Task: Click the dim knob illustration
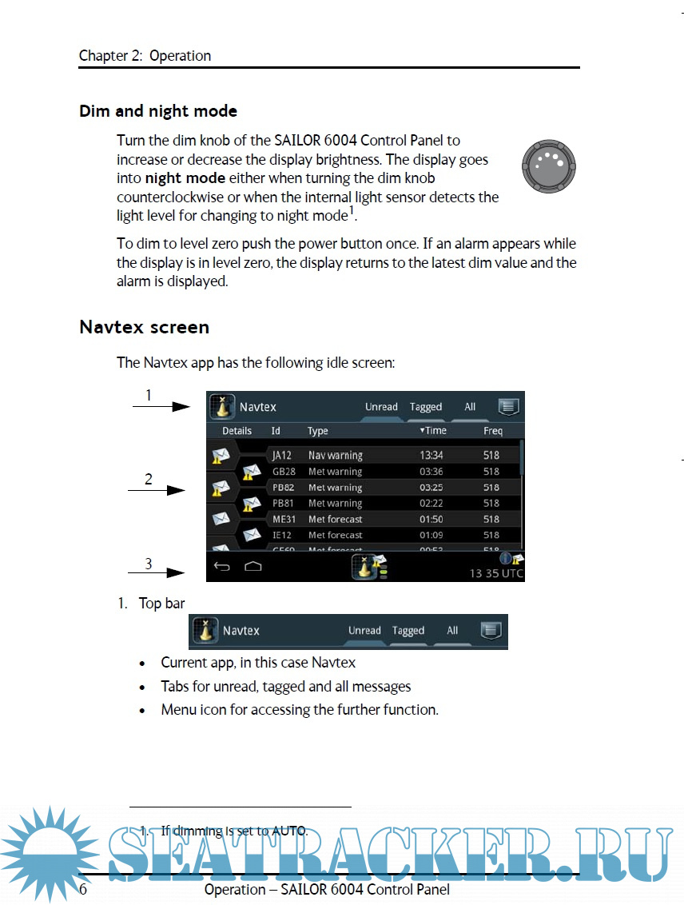click(x=549, y=166)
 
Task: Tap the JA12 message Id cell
click(x=281, y=456)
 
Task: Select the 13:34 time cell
click(x=431, y=456)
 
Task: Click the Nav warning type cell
click(x=336, y=456)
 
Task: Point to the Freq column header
click(x=493, y=431)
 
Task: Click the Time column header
click(x=434, y=431)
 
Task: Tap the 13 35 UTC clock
click(x=496, y=573)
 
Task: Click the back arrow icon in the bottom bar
click(x=222, y=567)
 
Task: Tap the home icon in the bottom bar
click(x=253, y=567)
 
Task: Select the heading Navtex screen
click(x=145, y=327)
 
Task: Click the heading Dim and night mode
click(x=158, y=111)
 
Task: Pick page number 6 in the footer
click(x=83, y=889)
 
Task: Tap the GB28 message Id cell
click(x=284, y=472)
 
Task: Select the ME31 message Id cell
click(x=284, y=520)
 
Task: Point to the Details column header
click(x=237, y=431)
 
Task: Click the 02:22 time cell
click(x=431, y=504)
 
